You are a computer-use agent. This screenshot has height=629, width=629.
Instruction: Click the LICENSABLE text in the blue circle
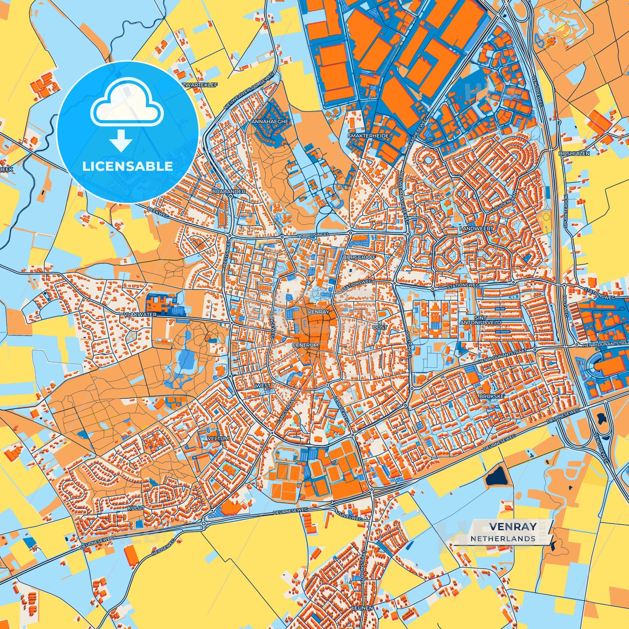(x=128, y=166)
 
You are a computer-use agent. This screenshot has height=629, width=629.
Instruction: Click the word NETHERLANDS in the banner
(x=503, y=538)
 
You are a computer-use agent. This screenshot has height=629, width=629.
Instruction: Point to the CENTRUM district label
(x=305, y=345)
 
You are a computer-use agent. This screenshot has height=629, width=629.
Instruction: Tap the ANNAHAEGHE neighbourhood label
(x=270, y=122)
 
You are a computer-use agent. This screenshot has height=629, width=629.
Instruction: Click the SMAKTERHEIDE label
(x=368, y=136)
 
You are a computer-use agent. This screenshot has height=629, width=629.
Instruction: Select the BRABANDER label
(x=229, y=192)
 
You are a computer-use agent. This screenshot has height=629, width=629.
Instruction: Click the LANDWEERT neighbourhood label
(x=478, y=228)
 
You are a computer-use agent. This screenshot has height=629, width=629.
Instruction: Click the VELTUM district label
(x=218, y=438)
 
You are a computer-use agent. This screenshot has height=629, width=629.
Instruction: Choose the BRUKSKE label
(x=491, y=397)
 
